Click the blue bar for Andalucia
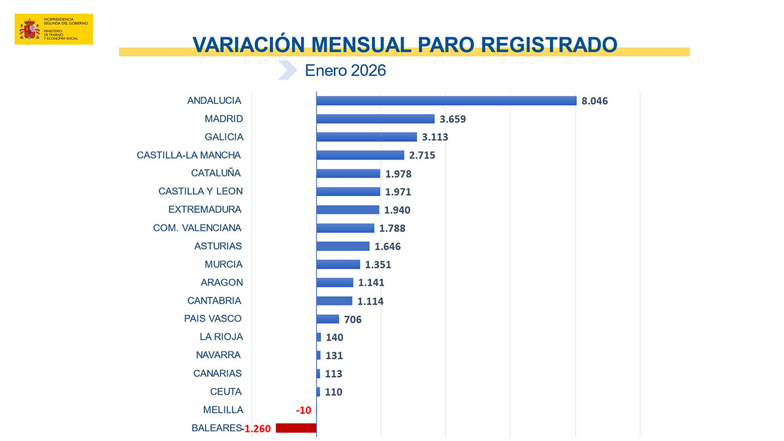click(x=446, y=101)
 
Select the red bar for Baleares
click(x=296, y=428)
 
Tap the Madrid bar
click(x=376, y=119)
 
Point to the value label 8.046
click(x=595, y=101)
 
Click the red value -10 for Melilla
click(x=303, y=410)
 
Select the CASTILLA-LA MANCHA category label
click(x=189, y=155)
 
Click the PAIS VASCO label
click(x=213, y=319)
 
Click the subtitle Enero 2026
click(x=346, y=71)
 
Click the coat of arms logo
click(x=29, y=29)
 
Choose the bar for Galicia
click(x=367, y=137)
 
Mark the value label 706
click(x=353, y=319)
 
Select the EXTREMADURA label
click(x=204, y=210)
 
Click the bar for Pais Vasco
click(x=328, y=319)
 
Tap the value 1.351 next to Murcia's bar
click(x=378, y=265)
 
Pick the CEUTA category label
click(x=226, y=392)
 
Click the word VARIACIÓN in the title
click(x=248, y=44)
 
